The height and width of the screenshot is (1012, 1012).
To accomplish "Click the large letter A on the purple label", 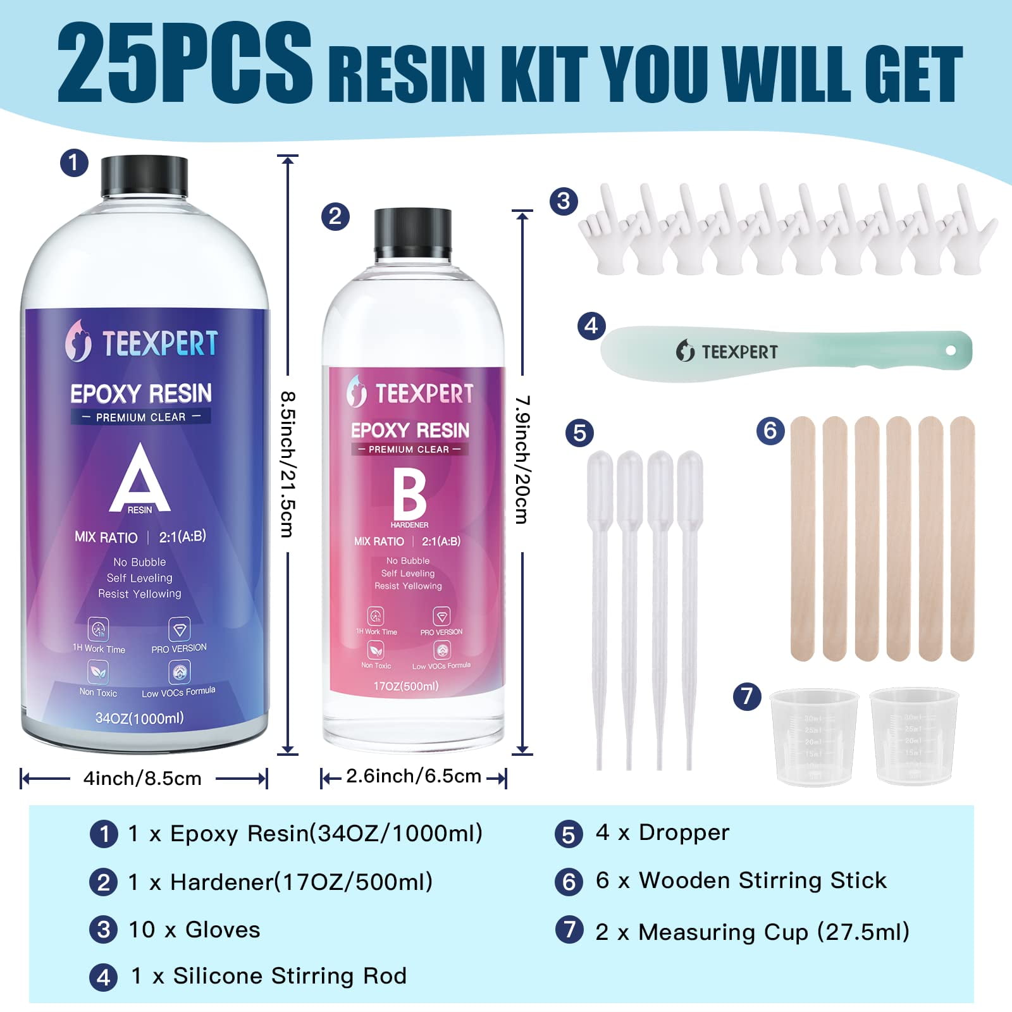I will coord(140,478).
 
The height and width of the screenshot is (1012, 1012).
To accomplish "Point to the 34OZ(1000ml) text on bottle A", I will coord(139,718).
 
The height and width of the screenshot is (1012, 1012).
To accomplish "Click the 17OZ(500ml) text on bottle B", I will coord(406,686).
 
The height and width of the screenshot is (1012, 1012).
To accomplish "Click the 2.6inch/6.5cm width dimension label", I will coord(414,776).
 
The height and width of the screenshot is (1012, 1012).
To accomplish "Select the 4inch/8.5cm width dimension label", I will coord(142,778).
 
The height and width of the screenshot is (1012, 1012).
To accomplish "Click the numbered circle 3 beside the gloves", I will coord(564,201).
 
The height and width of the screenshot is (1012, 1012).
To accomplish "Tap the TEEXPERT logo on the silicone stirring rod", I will coord(727,351).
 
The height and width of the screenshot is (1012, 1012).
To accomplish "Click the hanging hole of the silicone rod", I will coord(950,350).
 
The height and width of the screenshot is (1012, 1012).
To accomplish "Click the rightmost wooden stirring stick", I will coord(962,538).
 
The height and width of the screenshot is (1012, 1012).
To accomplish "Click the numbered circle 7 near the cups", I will coord(746,696).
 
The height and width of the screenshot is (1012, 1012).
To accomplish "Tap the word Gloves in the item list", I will coord(223,930).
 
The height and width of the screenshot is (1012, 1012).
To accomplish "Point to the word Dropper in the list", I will coord(684,832).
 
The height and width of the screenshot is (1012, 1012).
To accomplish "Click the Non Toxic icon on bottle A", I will coord(98,672).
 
